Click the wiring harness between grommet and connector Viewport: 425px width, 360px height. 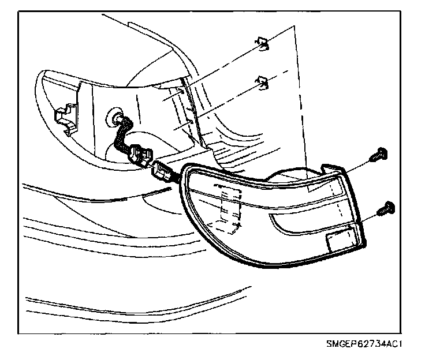tap(123, 136)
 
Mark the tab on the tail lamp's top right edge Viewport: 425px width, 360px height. tap(330, 168)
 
